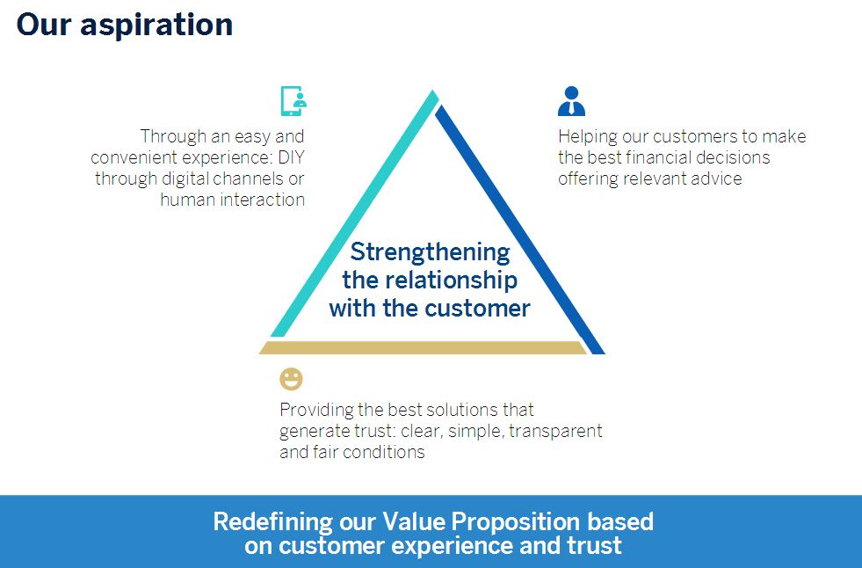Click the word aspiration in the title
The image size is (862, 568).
pos(156,25)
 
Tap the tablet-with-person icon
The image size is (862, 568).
pos(293,100)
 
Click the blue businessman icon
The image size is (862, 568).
pos(571,100)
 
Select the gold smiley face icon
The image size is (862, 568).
pos(291,379)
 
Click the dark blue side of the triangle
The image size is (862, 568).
pos(520,229)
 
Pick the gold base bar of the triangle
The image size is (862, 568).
pos(424,347)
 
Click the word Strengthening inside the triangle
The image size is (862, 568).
pos(430,253)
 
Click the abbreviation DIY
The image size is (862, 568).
pos(291,157)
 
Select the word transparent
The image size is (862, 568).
pos(555,431)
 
